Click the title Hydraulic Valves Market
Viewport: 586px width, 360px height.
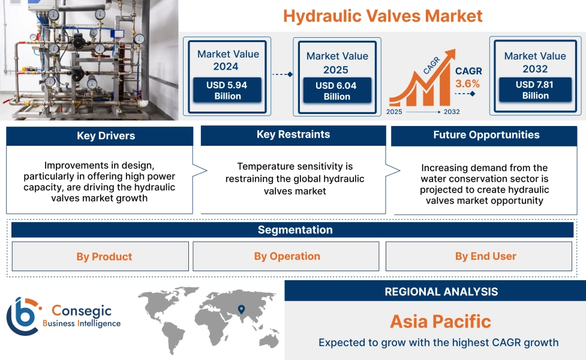(383, 16)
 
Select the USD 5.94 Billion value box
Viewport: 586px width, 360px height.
(227, 91)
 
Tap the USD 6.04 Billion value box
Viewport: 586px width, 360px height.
(336, 91)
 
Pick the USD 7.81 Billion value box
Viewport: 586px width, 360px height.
(535, 90)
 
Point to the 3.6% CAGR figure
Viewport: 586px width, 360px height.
(468, 83)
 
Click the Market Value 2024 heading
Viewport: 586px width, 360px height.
(228, 60)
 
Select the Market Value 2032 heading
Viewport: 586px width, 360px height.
(535, 62)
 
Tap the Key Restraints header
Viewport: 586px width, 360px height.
(293, 135)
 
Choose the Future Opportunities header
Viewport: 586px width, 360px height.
(486, 135)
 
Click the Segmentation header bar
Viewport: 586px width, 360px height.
(294, 230)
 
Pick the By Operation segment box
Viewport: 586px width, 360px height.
(287, 256)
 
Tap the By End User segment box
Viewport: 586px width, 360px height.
(485, 256)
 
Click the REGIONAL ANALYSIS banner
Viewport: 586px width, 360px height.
(441, 292)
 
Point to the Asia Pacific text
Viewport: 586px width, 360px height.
(440, 321)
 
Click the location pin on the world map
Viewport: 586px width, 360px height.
(241, 310)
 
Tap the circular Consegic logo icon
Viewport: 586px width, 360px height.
(23, 316)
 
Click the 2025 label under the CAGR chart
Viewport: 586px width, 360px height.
(394, 112)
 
